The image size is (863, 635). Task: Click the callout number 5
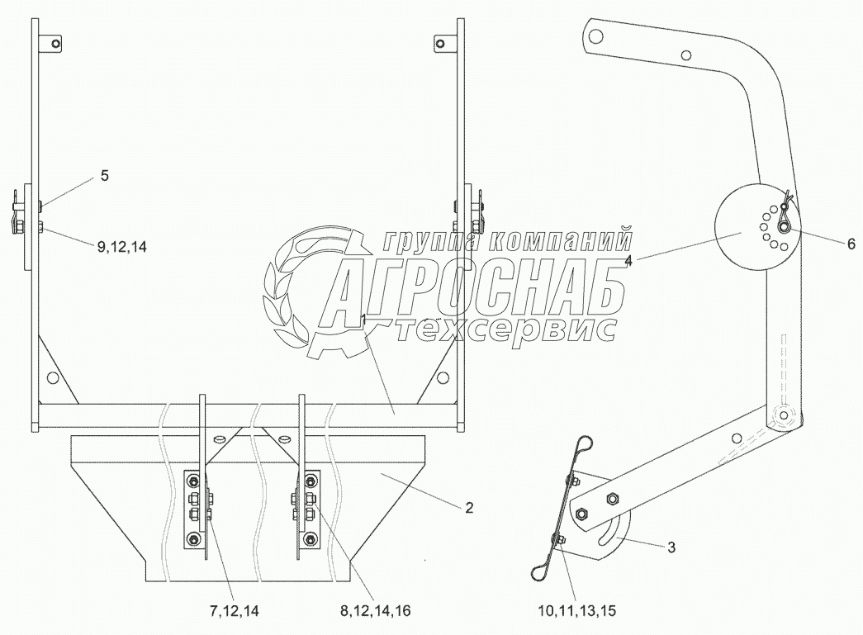pyautogui.click(x=105, y=176)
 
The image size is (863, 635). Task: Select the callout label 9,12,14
pyautogui.click(x=122, y=248)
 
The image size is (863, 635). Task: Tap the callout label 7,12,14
pyautogui.click(x=234, y=611)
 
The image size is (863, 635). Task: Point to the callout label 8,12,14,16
pyautogui.click(x=376, y=611)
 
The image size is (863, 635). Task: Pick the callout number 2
pyautogui.click(x=469, y=507)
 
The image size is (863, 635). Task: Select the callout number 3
pyautogui.click(x=671, y=547)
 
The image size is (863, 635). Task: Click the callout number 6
pyautogui.click(x=851, y=244)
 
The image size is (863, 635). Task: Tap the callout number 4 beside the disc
pyautogui.click(x=628, y=262)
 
